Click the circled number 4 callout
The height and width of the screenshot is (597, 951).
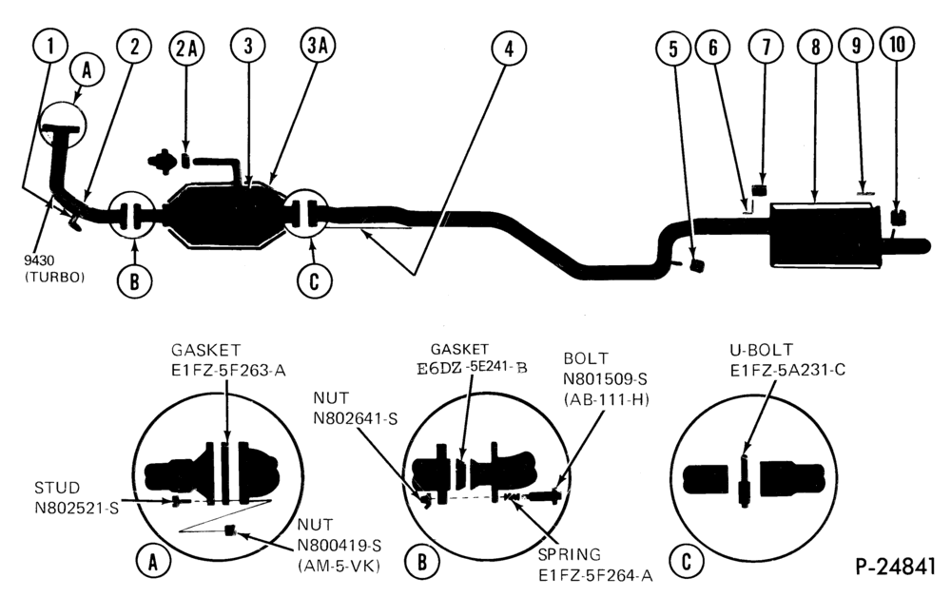509,48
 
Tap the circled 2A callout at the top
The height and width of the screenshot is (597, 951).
186,48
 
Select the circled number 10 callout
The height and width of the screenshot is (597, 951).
899,45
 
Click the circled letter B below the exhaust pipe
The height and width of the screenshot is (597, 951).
135,280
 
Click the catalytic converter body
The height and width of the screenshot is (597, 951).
223,215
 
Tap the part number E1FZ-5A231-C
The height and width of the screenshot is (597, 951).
787,370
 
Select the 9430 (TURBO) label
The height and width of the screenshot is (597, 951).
54,268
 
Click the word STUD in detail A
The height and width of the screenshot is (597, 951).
57,488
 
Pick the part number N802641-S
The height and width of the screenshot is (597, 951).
356,417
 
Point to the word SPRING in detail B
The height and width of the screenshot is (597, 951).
570,554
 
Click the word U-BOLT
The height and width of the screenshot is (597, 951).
761,350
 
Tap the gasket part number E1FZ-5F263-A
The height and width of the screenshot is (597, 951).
228,370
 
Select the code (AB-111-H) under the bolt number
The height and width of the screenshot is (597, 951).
606,399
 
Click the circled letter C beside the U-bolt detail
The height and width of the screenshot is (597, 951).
687,561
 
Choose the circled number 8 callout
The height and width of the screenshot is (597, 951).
816,46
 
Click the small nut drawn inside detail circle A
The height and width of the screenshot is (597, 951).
229,531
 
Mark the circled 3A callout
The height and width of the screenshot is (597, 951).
318,46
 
